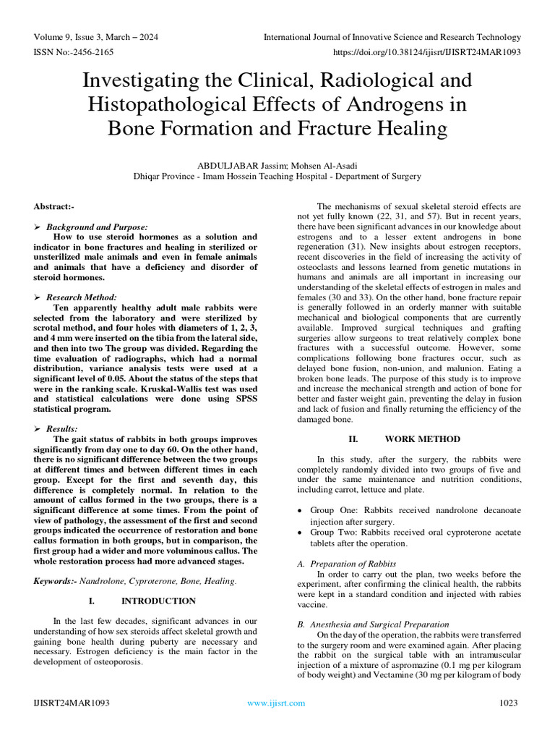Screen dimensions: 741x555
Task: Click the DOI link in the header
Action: (426, 53)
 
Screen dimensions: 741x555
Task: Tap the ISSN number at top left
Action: (76, 53)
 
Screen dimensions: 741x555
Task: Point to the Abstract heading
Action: (54, 206)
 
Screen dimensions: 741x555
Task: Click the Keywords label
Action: (56, 580)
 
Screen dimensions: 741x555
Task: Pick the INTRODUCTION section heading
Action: (158, 601)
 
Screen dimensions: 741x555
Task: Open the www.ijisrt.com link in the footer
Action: (276, 703)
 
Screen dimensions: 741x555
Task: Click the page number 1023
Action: (509, 703)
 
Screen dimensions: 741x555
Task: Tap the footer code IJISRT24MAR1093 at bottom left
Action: (71, 703)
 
